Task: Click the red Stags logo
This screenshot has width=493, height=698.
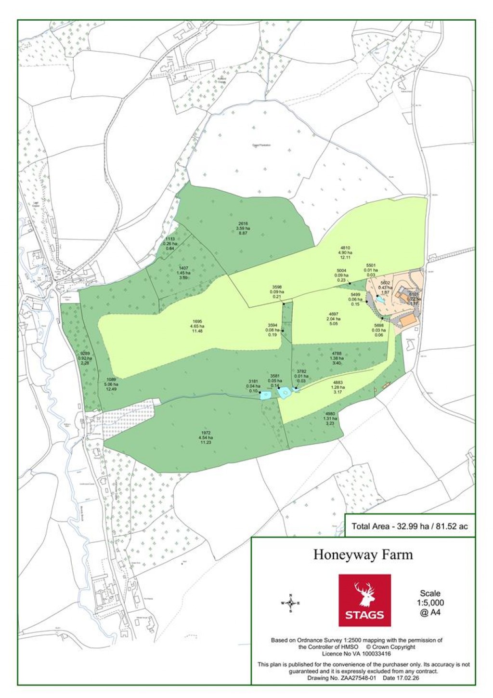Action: pyautogui.click(x=364, y=600)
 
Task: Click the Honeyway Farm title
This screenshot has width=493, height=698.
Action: pyautogui.click(x=363, y=554)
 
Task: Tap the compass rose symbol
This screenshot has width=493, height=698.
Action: pyautogui.click(x=290, y=603)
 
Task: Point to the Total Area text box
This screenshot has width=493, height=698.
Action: pyautogui.click(x=410, y=526)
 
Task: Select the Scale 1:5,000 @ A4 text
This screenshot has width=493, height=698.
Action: pyautogui.click(x=430, y=603)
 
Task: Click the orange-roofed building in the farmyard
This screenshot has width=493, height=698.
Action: pyautogui.click(x=408, y=319)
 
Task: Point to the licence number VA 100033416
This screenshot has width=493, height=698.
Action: pyautogui.click(x=356, y=654)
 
